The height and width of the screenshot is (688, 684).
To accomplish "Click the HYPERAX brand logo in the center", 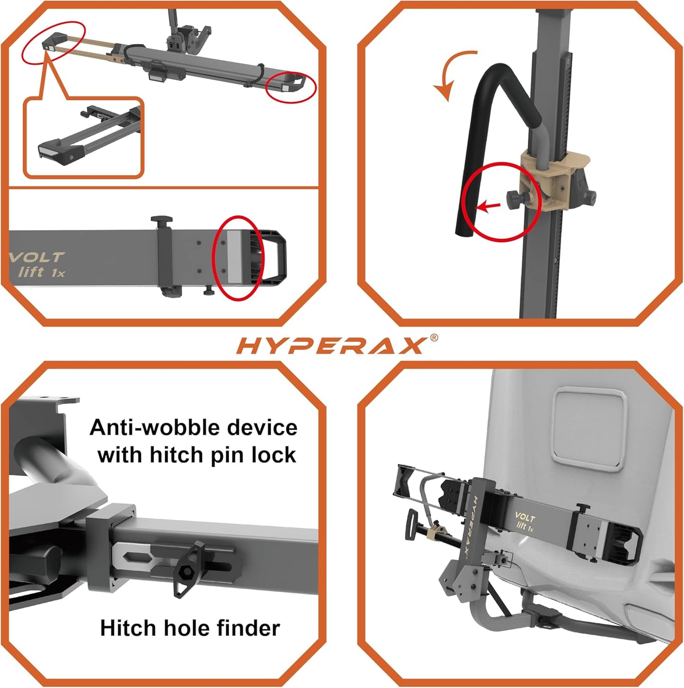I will [330, 346].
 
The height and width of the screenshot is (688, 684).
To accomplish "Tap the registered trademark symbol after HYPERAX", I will [434, 337].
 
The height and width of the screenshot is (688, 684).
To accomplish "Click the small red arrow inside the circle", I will [488, 206].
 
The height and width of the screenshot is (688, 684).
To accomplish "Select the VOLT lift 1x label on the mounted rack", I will [524, 522].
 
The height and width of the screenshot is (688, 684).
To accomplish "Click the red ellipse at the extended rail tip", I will [53, 42].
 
